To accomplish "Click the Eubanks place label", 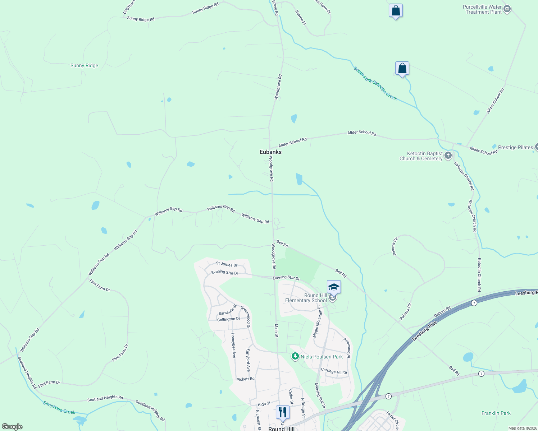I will pyautogui.click(x=270, y=152).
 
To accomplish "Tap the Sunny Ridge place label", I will pyautogui.click(x=84, y=65).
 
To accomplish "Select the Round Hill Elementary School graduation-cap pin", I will pyautogui.click(x=334, y=287).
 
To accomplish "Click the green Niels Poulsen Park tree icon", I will pyautogui.click(x=295, y=356).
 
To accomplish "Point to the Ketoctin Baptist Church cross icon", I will pyautogui.click(x=448, y=156).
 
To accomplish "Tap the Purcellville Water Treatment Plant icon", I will pyautogui.click(x=507, y=9).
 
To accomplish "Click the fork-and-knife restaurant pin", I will pyautogui.click(x=283, y=412).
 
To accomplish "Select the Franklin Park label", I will pyautogui.click(x=496, y=413).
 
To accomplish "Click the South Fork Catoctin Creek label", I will pyautogui.click(x=375, y=83).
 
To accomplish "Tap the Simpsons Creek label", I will pyautogui.click(x=59, y=408).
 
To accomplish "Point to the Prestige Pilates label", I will pyautogui.click(x=515, y=147).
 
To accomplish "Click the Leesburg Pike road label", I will pyautogui.click(x=425, y=331).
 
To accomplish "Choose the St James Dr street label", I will pyautogui.click(x=227, y=264).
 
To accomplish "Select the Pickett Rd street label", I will pyautogui.click(x=245, y=379).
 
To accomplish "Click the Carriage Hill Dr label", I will pyautogui.click(x=334, y=371).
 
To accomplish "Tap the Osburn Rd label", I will pyautogui.click(x=442, y=312).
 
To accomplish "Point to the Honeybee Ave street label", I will pyautogui.click(x=233, y=345).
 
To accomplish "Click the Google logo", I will pyautogui.click(x=12, y=427).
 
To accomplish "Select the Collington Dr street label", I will pyautogui.click(x=228, y=319).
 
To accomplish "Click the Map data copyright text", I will pyautogui.click(x=523, y=428).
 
